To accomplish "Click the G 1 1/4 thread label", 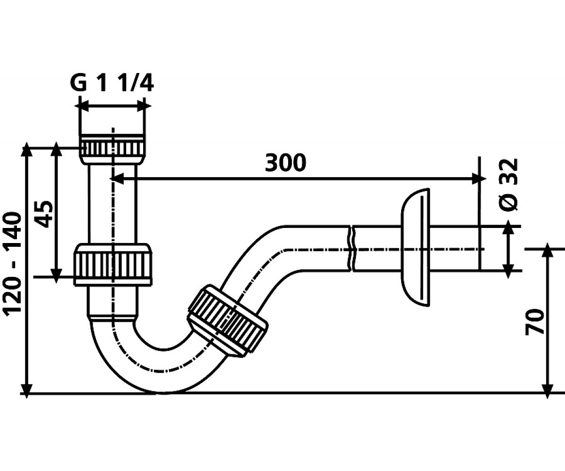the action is coord(112,83).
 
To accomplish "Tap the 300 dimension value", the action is coord(285,163).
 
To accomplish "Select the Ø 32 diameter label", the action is coord(508,185).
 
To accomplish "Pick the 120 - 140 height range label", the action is coord(12,264).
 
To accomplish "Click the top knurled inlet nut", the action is coord(113,149).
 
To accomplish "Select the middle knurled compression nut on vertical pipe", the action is coord(113,264).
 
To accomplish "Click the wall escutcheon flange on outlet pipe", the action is coord(415,247).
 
